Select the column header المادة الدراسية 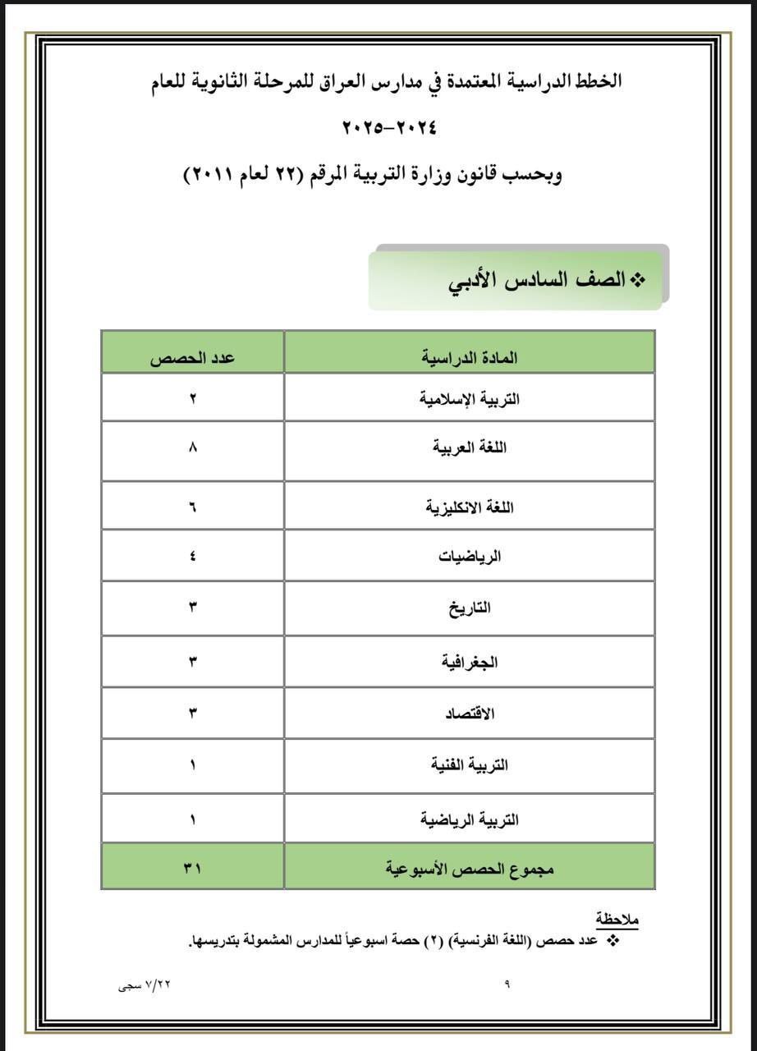pyautogui.click(x=470, y=358)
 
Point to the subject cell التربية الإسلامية pyautogui.click(x=470, y=400)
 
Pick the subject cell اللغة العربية pyautogui.click(x=470, y=450)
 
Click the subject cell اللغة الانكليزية pyautogui.click(x=470, y=507)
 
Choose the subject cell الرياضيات pyautogui.click(x=470, y=557)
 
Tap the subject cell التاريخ pyautogui.click(x=470, y=608)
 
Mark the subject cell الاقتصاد pyautogui.click(x=470, y=714)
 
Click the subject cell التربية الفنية pyautogui.click(x=470, y=765)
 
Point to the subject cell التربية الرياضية pyautogui.click(x=470, y=819)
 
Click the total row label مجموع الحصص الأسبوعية pyautogui.click(x=470, y=867)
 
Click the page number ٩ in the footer pyautogui.click(x=507, y=984)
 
